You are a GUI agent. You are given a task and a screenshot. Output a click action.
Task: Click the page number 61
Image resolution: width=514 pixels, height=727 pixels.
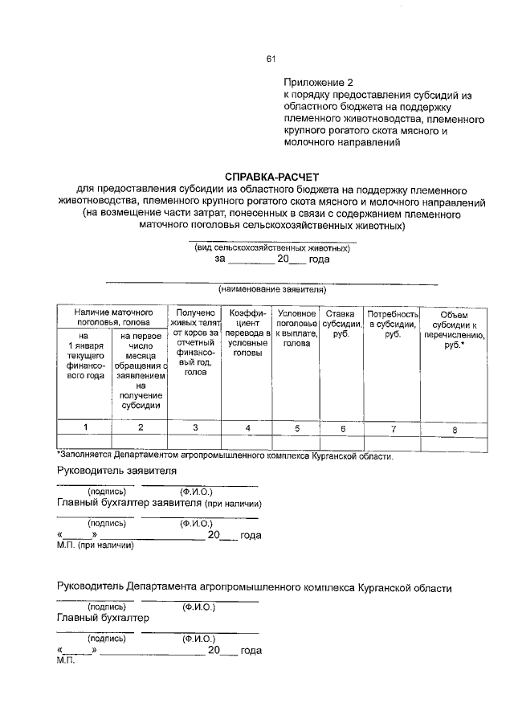click(271, 59)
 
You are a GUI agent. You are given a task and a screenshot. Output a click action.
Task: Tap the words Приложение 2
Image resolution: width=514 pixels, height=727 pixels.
click(318, 82)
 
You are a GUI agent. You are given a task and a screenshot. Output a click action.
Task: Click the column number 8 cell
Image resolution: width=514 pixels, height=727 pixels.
click(454, 429)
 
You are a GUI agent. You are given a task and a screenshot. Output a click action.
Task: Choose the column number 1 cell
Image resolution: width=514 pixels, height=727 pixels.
click(84, 428)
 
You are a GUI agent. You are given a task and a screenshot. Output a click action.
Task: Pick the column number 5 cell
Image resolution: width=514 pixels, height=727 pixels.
click(296, 428)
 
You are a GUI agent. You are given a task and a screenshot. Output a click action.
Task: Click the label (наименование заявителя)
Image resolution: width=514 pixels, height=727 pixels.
click(272, 289)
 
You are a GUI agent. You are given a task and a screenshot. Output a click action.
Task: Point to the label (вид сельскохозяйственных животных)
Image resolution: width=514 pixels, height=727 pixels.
click(272, 248)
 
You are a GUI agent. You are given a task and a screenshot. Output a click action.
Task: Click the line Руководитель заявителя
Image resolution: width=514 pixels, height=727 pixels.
click(116, 471)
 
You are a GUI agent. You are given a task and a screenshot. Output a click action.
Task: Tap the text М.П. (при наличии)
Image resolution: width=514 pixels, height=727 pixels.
click(94, 544)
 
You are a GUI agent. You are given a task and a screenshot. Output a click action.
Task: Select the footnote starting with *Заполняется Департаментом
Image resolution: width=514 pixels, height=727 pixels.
click(225, 456)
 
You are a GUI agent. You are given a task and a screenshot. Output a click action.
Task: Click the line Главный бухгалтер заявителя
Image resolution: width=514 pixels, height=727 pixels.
click(159, 504)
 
